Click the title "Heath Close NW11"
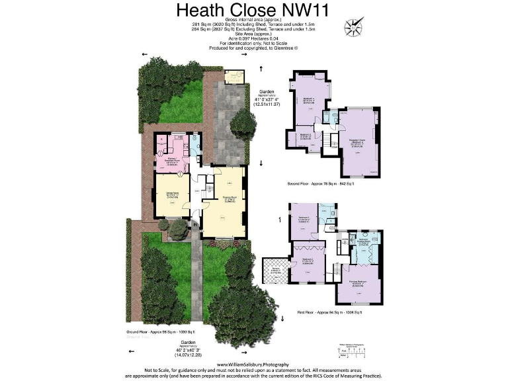tap(253, 11)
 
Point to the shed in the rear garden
tap(233, 77)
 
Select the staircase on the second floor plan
tap(329, 141)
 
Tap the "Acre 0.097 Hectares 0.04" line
tap(253, 39)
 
